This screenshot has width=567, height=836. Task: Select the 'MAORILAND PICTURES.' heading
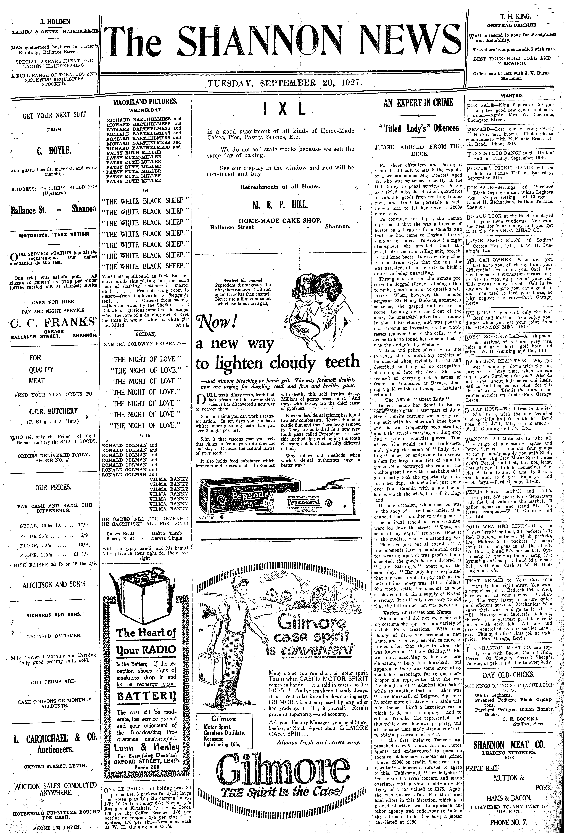pyautogui.click(x=145, y=102)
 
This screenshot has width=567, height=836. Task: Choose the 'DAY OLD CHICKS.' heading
pyautogui.click(x=508, y=675)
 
